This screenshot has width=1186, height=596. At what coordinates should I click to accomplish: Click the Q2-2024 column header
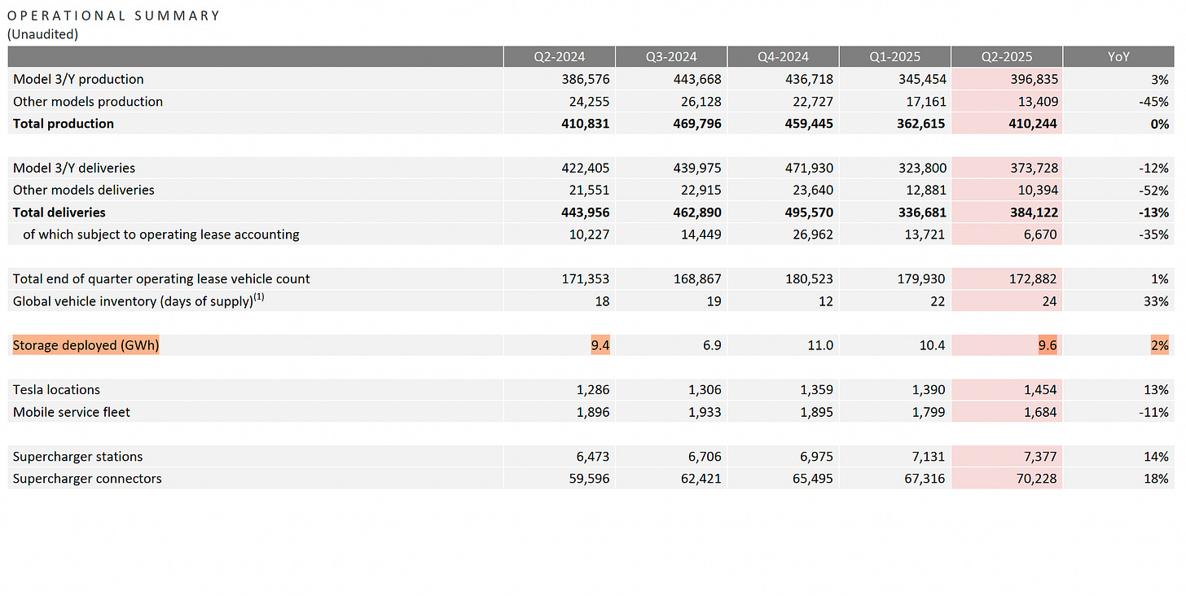(x=560, y=57)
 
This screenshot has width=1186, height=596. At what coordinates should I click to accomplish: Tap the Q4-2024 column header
(x=783, y=57)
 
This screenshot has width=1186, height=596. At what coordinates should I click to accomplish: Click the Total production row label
(x=64, y=124)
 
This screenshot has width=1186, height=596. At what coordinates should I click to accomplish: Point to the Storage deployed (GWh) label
(x=86, y=345)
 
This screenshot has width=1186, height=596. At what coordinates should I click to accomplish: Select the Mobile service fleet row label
(x=72, y=412)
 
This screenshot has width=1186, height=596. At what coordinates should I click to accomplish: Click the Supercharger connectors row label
(x=87, y=479)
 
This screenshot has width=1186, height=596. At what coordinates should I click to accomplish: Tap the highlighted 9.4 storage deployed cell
(x=600, y=345)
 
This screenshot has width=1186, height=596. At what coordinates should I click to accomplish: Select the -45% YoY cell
(x=1154, y=102)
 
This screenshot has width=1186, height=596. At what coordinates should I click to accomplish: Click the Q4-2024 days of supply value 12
(x=825, y=301)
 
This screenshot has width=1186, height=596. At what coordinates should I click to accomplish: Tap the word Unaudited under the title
(x=42, y=33)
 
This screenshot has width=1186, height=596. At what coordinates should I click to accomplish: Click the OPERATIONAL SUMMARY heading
(x=113, y=15)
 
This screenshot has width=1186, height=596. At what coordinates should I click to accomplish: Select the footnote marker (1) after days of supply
(x=259, y=297)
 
